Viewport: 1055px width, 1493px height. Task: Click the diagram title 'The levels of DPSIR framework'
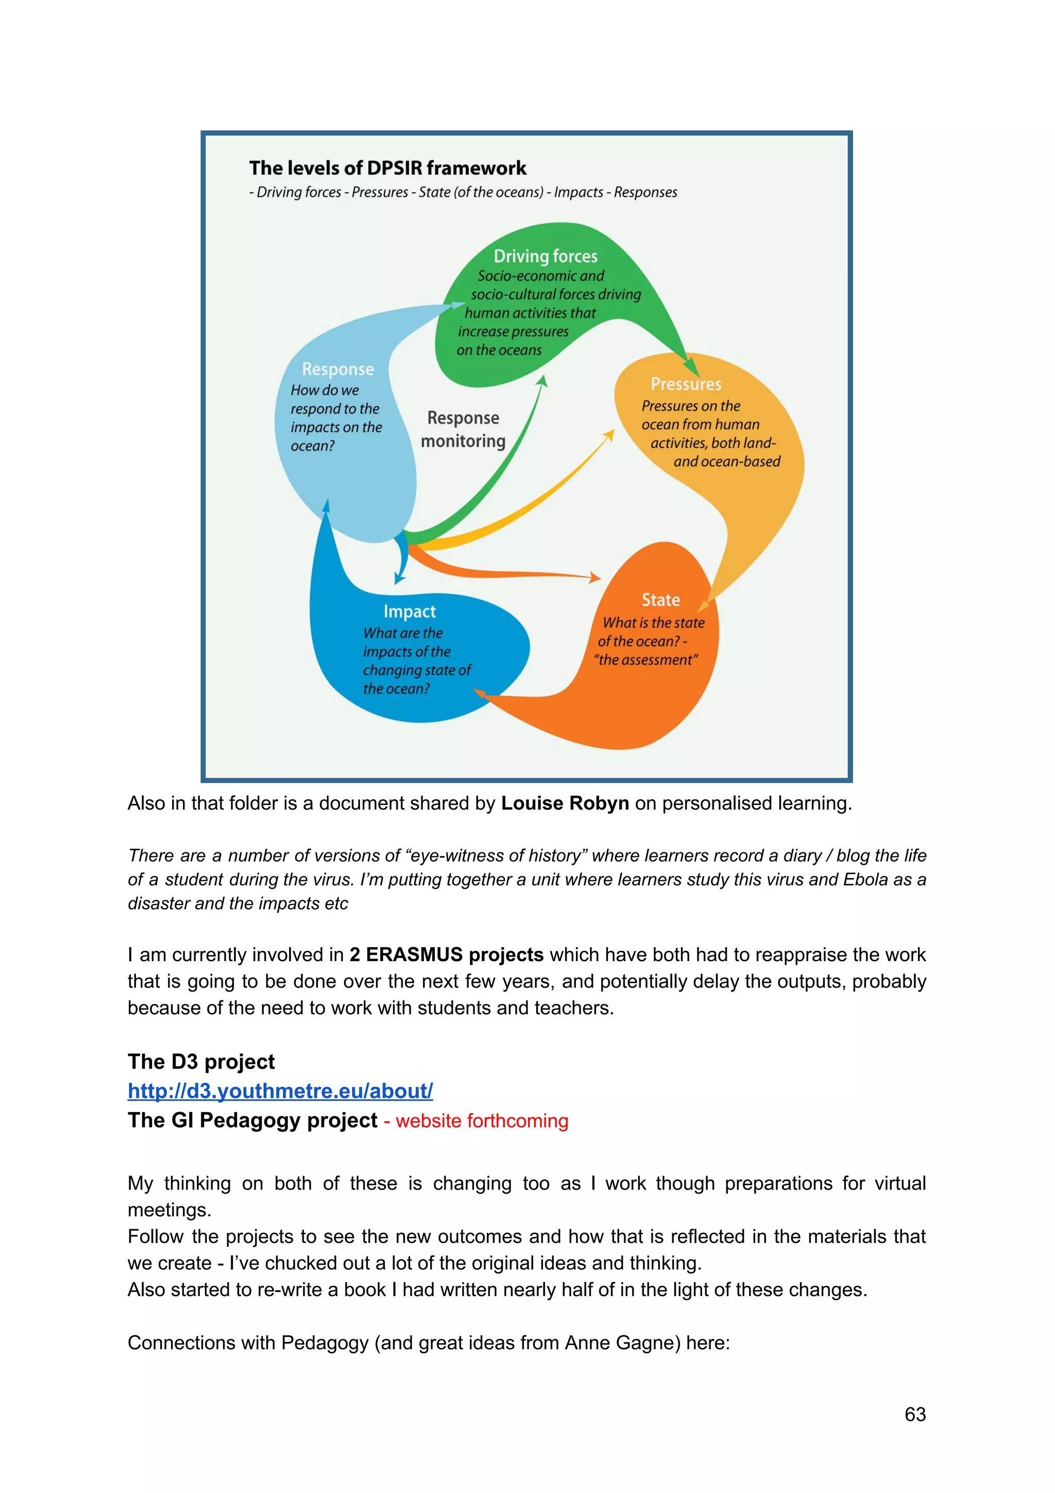pos(387,168)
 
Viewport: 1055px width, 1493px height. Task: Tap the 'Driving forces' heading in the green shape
pos(546,256)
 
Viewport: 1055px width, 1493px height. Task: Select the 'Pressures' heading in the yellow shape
pos(686,384)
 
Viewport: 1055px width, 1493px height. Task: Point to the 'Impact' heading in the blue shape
pos(410,611)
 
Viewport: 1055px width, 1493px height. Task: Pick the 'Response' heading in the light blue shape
pos(338,370)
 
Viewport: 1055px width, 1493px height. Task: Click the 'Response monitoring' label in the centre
pos(463,429)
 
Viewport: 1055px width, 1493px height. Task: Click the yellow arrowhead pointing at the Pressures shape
pos(609,435)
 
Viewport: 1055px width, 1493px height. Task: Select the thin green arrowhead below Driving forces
pos(543,381)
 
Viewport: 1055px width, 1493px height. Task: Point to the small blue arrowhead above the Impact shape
pos(399,577)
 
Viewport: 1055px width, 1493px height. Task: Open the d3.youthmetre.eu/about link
pos(280,1091)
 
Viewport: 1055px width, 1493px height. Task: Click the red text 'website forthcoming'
pos(482,1120)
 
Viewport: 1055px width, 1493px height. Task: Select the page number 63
pos(914,1414)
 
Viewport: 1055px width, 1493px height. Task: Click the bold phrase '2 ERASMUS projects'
pos(446,954)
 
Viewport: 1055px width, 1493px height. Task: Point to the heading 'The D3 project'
pos(201,1061)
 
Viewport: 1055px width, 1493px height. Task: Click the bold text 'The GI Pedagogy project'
pos(252,1120)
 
